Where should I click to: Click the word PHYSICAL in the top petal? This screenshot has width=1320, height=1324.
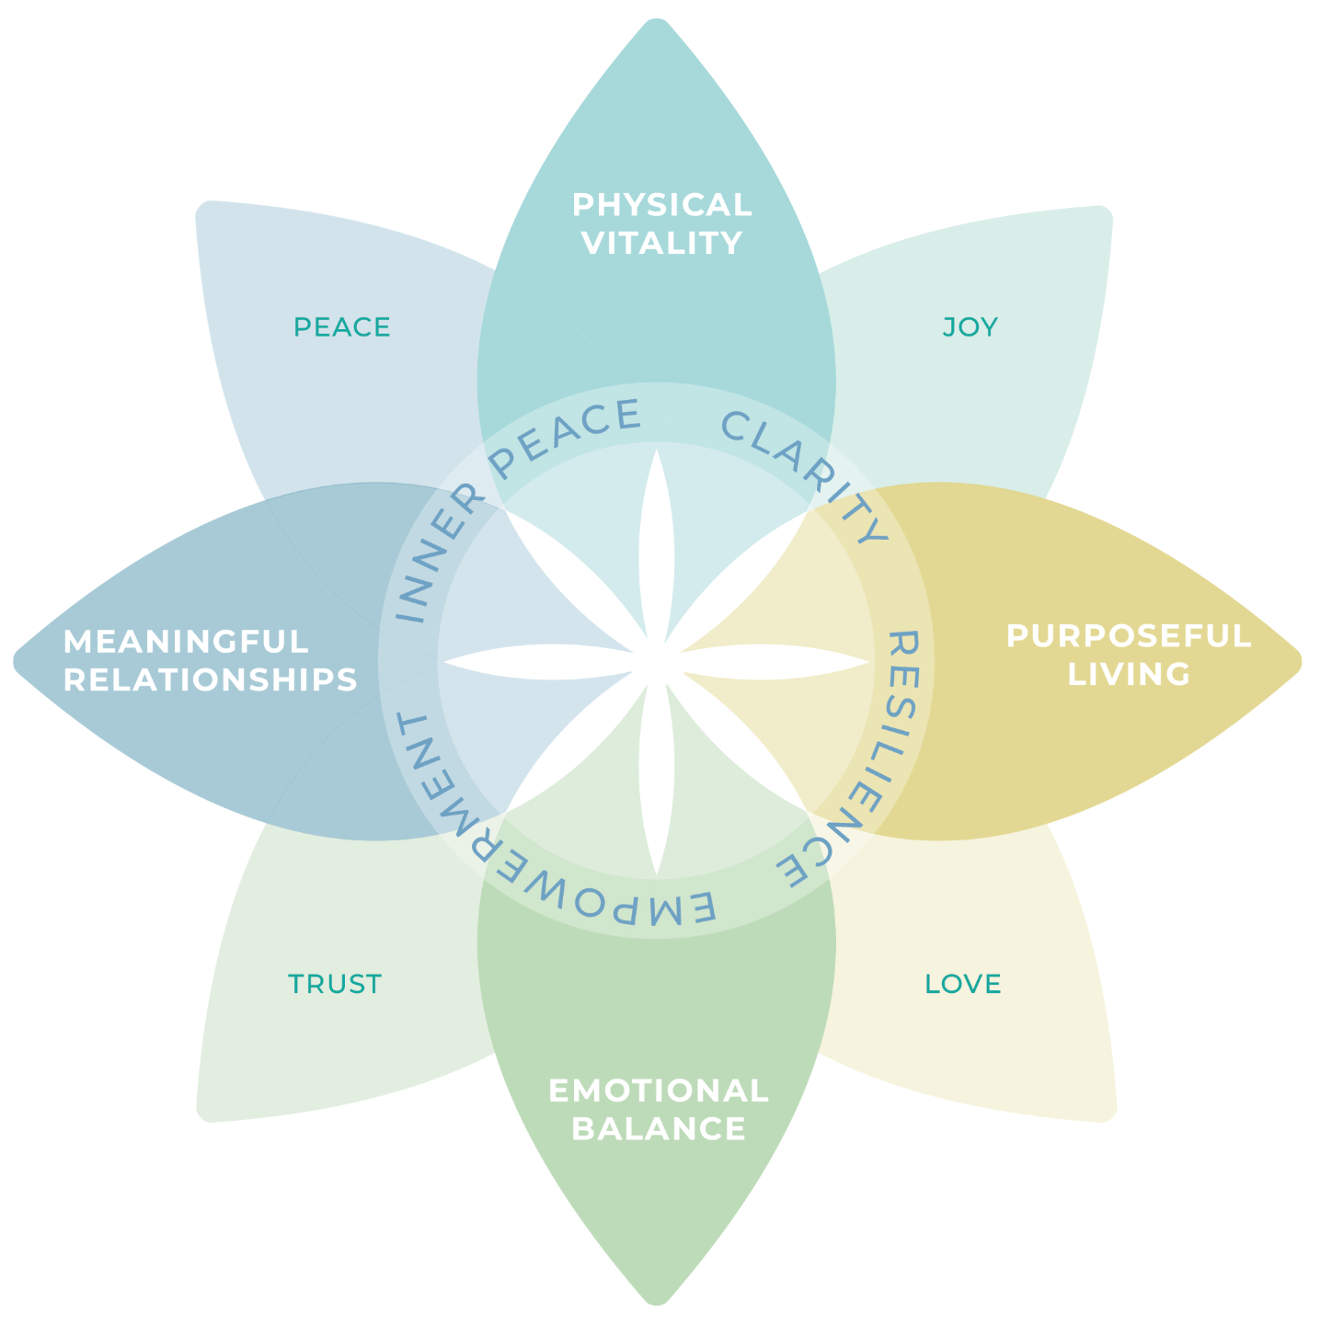point(662,205)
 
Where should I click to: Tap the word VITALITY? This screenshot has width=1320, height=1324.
point(662,244)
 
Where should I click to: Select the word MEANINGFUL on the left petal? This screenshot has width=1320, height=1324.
point(186,641)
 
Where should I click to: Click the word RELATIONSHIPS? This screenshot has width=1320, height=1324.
point(210,679)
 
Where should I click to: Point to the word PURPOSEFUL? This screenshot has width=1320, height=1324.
point(1129,636)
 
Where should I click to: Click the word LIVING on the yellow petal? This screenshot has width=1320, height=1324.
point(1129,674)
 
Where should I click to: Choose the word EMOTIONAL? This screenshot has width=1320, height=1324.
point(659,1090)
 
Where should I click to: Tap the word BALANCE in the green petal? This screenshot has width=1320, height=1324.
point(659,1129)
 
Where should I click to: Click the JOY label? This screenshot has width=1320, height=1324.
point(970,327)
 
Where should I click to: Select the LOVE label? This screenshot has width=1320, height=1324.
point(963,984)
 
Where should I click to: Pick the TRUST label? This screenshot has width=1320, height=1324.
point(335,984)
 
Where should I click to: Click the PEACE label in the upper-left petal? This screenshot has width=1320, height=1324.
point(342,327)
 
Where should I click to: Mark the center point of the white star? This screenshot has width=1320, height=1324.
point(657,661)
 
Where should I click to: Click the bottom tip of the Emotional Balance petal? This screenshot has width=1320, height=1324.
point(657,1302)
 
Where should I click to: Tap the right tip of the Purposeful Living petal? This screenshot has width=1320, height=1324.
point(1300,661)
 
